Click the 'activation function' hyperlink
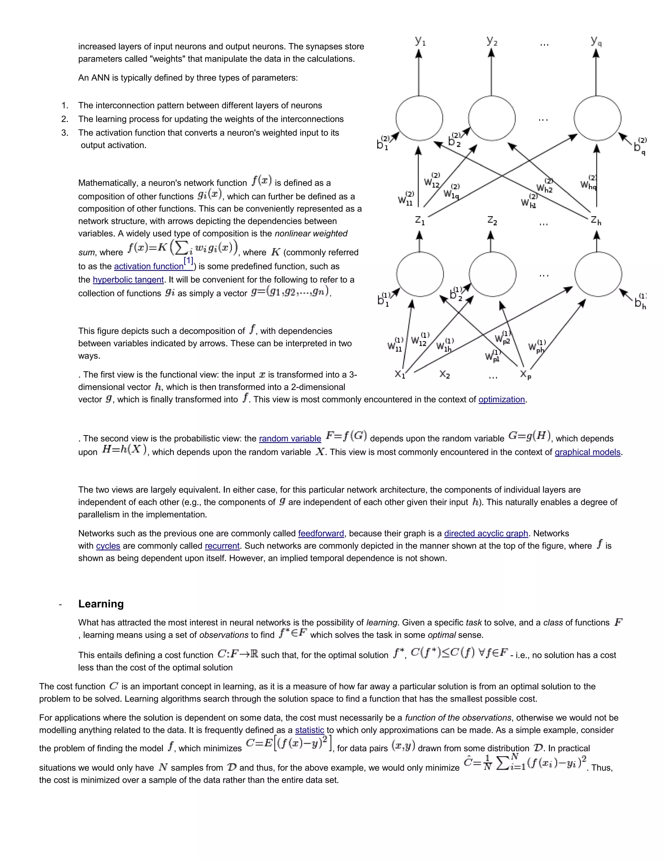coord(148,266)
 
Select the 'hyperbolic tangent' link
coord(128,280)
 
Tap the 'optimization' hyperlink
coord(501,400)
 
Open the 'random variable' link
coord(290,439)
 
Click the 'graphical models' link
coord(587,452)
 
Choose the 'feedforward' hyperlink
coord(321,534)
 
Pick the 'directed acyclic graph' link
coord(486,534)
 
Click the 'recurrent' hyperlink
coord(222,546)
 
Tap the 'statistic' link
coord(310,731)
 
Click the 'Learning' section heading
coord(101,604)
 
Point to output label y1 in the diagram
coord(420,41)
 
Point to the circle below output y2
coord(492,118)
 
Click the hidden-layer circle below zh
coord(598,275)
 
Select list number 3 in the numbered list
coord(65,133)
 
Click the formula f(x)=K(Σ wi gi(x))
coord(183,248)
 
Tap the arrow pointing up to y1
coord(419,71)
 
